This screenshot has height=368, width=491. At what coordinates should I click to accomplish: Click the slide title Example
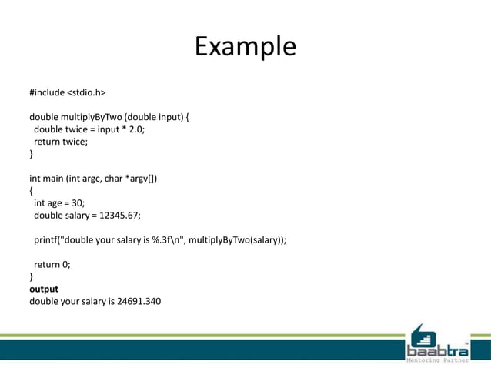245,46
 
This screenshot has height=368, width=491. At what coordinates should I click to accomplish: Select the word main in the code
53,179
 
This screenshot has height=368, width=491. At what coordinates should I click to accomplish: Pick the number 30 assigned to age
75,203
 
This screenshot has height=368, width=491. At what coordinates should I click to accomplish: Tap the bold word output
44,289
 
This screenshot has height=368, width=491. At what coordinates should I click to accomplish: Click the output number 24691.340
139,301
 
